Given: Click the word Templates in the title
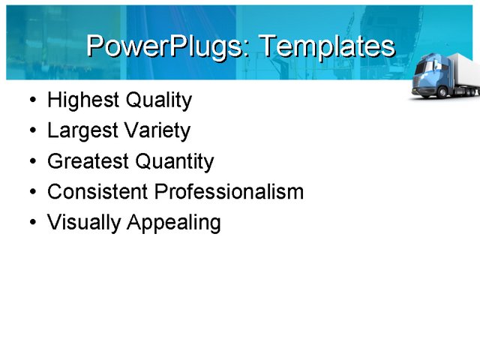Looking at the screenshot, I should point(325,46).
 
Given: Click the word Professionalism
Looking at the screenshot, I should point(229,192).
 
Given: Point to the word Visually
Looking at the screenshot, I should point(84,223).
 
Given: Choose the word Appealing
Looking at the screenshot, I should point(174,223).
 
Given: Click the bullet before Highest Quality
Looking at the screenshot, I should point(31,100).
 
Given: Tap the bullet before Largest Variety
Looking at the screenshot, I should point(31,131).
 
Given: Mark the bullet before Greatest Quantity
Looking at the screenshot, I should point(31,162).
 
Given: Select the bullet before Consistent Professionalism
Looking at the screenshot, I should point(31,193).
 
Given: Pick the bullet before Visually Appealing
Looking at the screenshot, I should point(31,223).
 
